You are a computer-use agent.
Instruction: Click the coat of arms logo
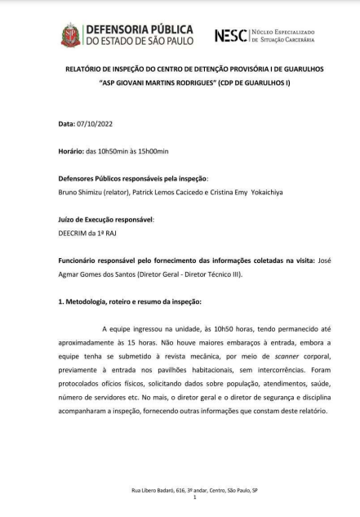[x=70, y=34]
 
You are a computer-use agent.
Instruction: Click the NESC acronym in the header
[x=230, y=35]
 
